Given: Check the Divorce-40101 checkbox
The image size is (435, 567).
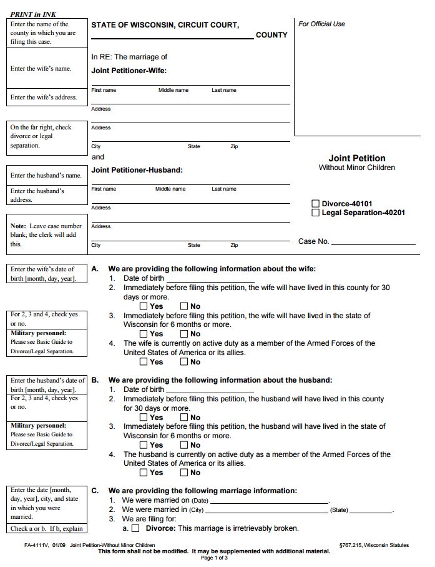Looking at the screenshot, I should click(x=316, y=203).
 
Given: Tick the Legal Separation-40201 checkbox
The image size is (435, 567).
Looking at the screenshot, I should click(x=316, y=213).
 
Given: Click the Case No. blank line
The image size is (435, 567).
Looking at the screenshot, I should click(x=373, y=243).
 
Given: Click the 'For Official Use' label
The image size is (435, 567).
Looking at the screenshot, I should click(x=321, y=24).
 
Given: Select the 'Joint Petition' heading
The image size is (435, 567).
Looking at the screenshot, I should click(x=357, y=158).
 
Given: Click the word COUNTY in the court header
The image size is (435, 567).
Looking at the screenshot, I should click(x=271, y=35).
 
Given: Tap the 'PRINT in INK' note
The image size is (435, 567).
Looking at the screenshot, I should click(x=33, y=14).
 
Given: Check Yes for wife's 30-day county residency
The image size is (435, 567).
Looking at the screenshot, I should click(x=144, y=306).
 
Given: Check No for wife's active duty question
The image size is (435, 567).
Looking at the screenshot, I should click(x=184, y=361).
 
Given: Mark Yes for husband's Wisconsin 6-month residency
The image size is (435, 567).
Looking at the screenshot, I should click(x=144, y=445).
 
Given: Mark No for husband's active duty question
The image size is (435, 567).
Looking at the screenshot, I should click(x=184, y=473).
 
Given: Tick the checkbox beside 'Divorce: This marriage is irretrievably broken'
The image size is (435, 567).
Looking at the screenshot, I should click(x=135, y=528).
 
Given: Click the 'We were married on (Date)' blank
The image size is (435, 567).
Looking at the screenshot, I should click(x=269, y=501).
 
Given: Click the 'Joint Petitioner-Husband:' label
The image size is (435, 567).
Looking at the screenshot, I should click(x=137, y=170).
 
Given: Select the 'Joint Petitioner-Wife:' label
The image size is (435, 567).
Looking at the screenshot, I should click(x=129, y=71).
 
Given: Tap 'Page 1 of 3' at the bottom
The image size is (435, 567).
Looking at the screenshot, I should click(x=214, y=558).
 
